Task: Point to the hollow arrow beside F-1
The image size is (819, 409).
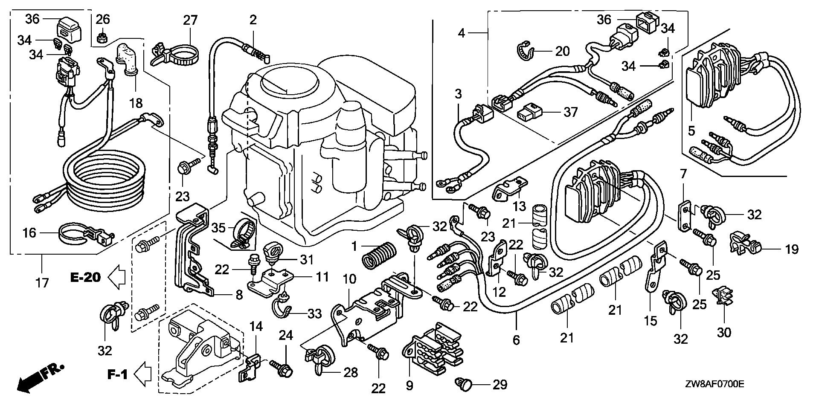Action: (x=143, y=374)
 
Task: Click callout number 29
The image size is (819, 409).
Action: (x=500, y=385)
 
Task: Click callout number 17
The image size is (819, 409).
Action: (x=42, y=282)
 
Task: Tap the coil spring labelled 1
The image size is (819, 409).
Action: (x=379, y=255)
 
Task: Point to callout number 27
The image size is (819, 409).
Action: (x=190, y=20)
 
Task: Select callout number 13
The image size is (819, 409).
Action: (x=519, y=206)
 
